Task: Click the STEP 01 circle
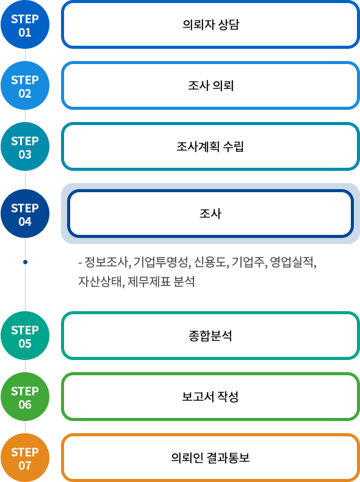pos(25,24)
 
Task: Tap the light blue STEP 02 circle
pos(25,85)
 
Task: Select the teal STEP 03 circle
pos(25,146)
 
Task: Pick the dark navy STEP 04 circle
pos(25,214)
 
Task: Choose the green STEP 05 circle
pos(25,336)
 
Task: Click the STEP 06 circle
pos(25,397)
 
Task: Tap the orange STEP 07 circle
pos(25,458)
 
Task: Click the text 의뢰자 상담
pos(211,24)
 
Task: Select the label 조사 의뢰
pos(211,85)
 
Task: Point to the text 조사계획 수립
pos(211,146)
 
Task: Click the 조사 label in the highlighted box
pos(211,214)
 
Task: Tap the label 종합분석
pos(211,336)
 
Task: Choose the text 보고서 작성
pos(211,397)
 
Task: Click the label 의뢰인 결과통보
pos(211,458)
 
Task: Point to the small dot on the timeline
pos(25,262)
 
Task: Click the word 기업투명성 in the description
pos(160,262)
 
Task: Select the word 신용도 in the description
pos(211,262)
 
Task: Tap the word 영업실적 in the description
pos(292,262)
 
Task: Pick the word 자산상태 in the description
pos(100,281)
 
